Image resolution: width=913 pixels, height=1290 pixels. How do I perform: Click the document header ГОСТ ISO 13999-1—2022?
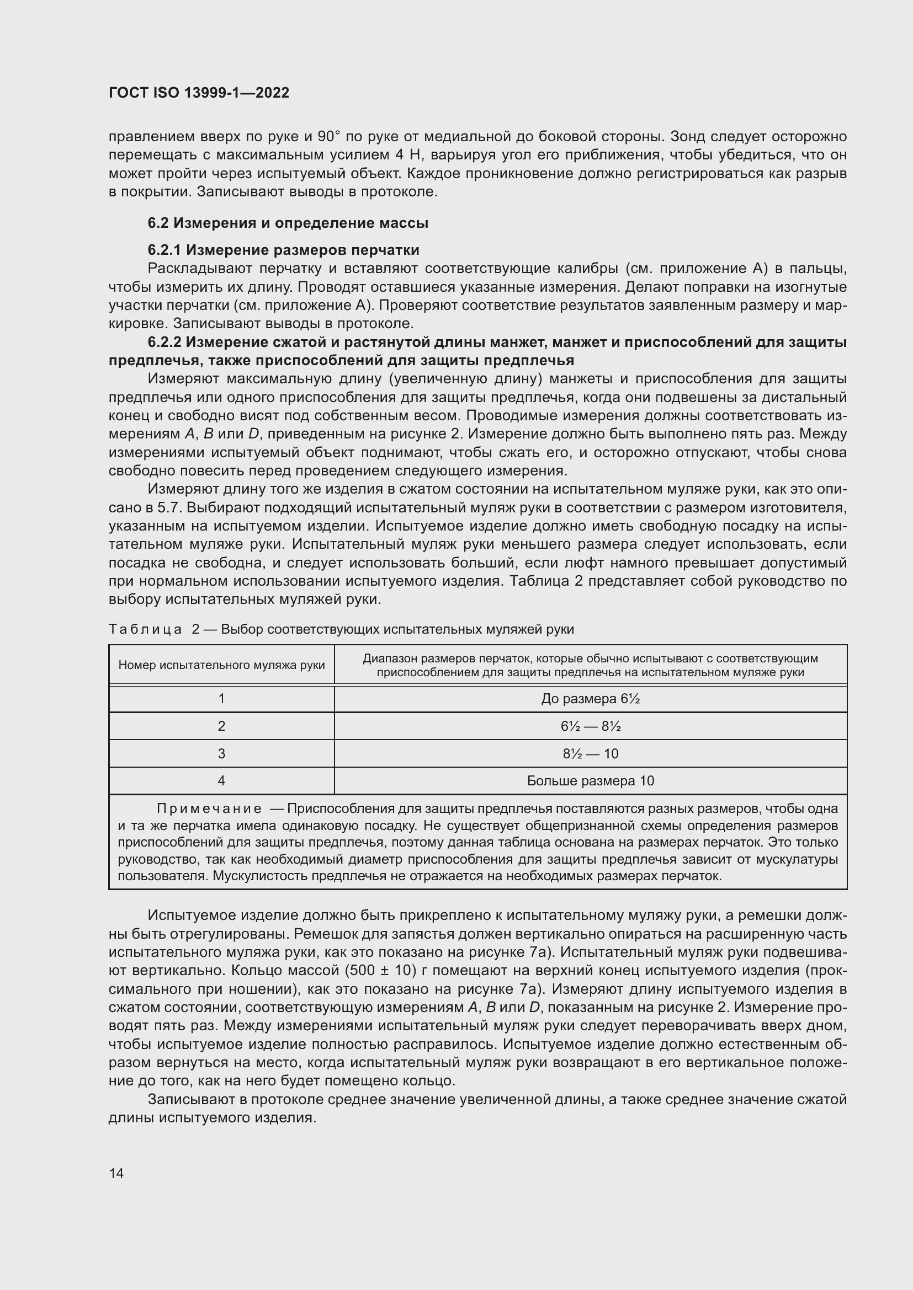[199, 93]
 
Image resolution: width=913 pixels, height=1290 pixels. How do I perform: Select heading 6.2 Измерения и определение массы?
[288, 223]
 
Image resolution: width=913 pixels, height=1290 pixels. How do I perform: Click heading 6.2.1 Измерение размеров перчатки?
[283, 249]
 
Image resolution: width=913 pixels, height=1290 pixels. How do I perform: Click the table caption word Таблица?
[145, 629]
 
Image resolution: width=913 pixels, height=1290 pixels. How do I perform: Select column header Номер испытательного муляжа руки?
[221, 665]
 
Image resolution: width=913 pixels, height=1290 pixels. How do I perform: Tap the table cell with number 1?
[221, 698]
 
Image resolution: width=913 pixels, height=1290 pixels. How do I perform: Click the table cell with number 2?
[221, 726]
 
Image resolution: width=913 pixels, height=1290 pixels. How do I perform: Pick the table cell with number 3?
[221, 753]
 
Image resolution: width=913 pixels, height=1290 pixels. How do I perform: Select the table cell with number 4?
[221, 780]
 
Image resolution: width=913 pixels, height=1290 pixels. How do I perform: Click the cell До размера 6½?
[590, 699]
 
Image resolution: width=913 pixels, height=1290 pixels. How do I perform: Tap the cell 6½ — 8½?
[590, 726]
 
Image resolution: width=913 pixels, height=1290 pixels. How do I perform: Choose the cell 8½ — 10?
[590, 753]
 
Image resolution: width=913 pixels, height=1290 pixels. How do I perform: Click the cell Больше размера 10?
[590, 781]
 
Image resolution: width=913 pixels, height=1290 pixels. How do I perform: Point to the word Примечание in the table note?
[209, 809]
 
